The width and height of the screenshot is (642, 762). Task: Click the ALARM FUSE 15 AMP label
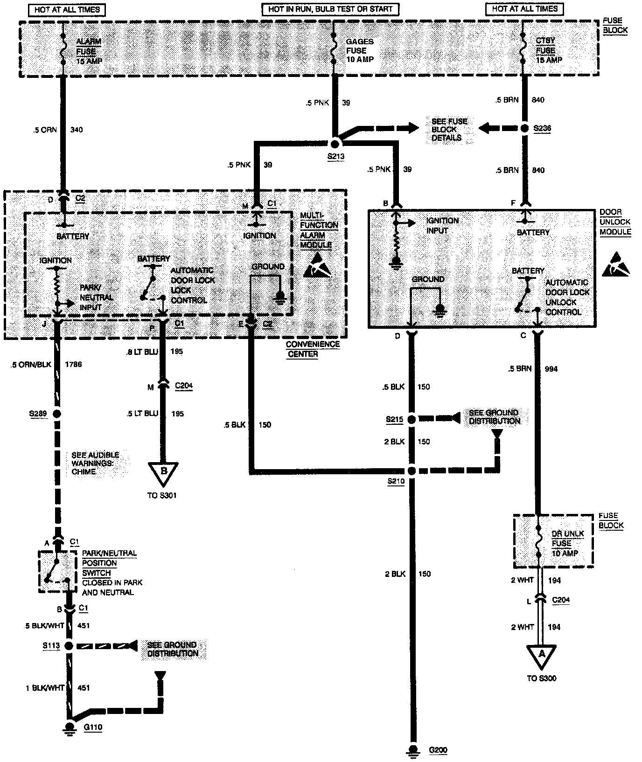click(x=89, y=51)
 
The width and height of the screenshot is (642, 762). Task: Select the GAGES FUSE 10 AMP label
click(x=360, y=50)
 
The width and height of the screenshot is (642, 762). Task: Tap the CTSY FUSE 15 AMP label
click(x=549, y=50)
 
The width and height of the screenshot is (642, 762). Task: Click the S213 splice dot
click(x=335, y=144)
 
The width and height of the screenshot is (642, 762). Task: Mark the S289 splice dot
click(x=57, y=414)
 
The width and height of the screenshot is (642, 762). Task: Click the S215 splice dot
click(x=412, y=419)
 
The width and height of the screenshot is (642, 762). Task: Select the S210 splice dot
click(x=412, y=471)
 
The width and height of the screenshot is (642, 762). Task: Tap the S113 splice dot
click(x=69, y=646)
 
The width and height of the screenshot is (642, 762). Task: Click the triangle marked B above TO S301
click(x=163, y=472)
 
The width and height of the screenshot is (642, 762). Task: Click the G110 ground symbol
click(x=70, y=727)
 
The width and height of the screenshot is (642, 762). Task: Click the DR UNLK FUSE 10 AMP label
click(x=565, y=543)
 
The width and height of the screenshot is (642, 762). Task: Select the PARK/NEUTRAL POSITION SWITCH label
click(x=109, y=563)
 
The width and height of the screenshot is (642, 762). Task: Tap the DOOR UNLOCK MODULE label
click(x=615, y=222)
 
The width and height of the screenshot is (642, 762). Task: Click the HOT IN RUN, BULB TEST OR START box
click(x=330, y=9)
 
